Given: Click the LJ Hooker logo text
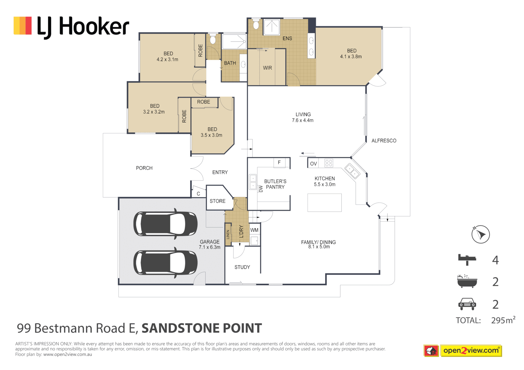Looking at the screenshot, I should click(83, 27).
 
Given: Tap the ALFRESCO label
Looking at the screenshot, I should click(384, 141).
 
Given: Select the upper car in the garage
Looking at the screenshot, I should click(165, 224).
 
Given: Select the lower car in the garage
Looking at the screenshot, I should click(165, 263).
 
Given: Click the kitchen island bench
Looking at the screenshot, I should click(324, 202).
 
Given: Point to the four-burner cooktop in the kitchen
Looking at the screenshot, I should click(328, 163).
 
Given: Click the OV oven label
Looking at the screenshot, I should click(313, 164).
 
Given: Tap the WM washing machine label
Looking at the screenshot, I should click(254, 230).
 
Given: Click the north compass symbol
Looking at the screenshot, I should click(480, 234).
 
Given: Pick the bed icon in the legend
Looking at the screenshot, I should click(467, 259).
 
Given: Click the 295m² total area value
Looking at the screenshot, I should click(503, 320).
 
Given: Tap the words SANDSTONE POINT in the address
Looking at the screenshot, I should click(202, 328).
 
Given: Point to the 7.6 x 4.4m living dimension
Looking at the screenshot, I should click(303, 121).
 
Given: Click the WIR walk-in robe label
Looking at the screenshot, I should click(267, 68).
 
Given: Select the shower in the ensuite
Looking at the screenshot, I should click(271, 27).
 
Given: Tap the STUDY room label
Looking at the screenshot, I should click(242, 267).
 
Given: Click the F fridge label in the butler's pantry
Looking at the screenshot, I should click(279, 162).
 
